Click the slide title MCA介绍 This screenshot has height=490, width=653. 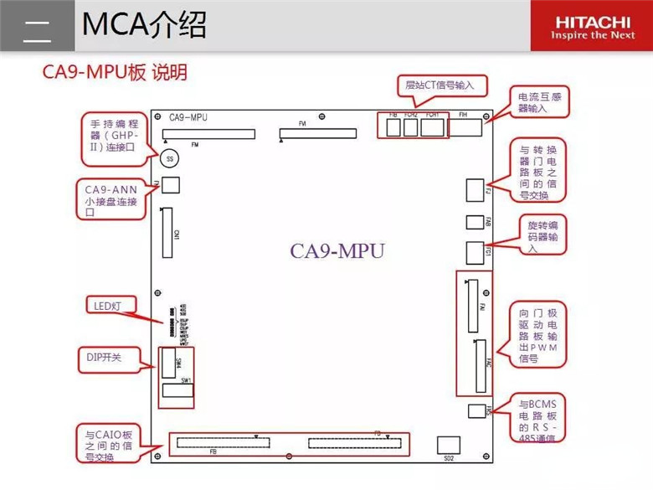pyautogui.click(x=144, y=25)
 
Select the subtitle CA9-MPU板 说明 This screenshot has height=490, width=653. pyautogui.click(x=115, y=73)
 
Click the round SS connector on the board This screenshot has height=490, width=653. pyautogui.click(x=170, y=157)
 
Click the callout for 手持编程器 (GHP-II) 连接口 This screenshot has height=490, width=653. pyautogui.click(x=114, y=136)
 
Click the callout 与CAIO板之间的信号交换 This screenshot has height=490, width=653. pyautogui.click(x=108, y=446)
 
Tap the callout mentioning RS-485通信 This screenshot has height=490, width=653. pyautogui.click(x=542, y=426)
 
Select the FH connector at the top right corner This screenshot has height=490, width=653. pyautogui.click(x=465, y=126)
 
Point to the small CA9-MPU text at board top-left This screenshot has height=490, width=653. pyautogui.click(x=188, y=117)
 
